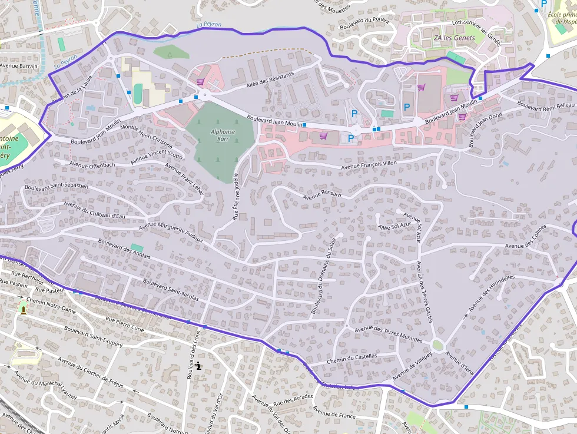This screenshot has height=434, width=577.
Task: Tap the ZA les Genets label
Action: click(455, 38)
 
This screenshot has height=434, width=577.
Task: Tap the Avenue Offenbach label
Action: click(92, 165)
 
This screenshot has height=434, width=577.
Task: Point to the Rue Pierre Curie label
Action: click(124, 325)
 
